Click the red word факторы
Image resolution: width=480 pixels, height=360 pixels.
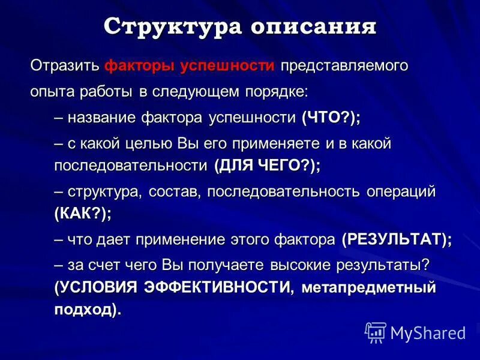(140, 66)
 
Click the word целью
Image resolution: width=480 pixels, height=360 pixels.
(150, 143)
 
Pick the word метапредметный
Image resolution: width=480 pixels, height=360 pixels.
(368, 287)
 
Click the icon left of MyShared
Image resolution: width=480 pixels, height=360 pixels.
(376, 332)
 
